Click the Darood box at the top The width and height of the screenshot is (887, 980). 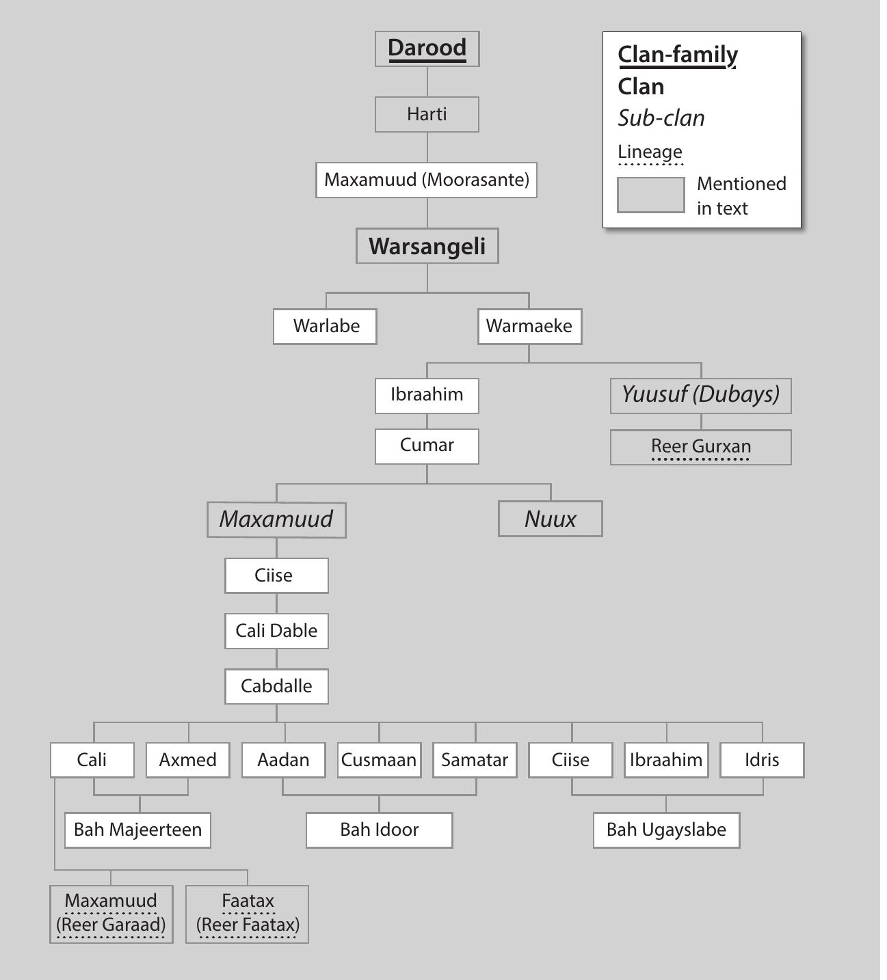[427, 49]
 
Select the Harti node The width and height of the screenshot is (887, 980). [427, 114]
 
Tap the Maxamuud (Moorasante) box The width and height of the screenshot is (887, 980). [426, 180]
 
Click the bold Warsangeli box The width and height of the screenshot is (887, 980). [427, 246]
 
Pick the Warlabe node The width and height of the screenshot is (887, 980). [325, 326]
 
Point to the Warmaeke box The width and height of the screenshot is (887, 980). [529, 326]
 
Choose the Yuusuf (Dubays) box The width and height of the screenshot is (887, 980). [700, 395]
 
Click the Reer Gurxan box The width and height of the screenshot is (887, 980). [700, 447]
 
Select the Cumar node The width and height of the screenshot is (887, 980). [427, 446]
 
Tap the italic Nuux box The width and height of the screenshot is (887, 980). [550, 519]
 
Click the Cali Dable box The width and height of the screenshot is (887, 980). [276, 630]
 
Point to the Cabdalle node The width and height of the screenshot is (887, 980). [276, 686]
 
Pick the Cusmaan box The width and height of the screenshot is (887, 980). [379, 760]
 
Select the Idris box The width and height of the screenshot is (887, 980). [762, 760]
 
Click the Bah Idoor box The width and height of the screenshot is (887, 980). [379, 830]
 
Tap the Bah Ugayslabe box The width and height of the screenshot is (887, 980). [666, 830]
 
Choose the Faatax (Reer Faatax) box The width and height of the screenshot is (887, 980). [248, 914]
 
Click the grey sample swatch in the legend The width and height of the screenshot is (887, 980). [650, 195]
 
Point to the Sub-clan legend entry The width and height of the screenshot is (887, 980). [661, 118]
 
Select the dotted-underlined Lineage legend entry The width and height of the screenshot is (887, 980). [650, 152]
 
